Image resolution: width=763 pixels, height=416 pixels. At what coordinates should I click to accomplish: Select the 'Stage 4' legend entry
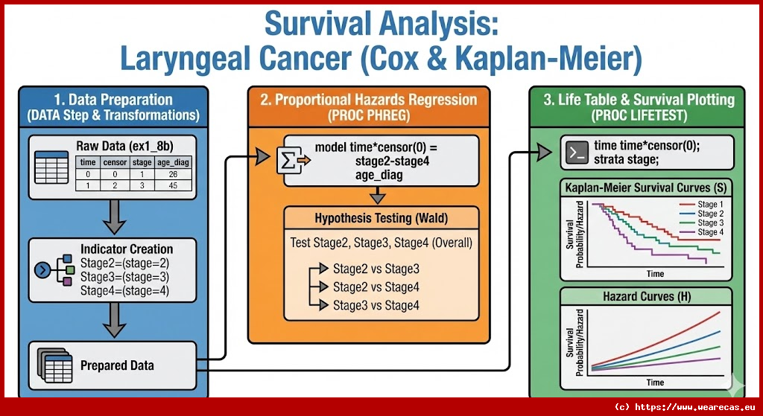[x=708, y=232]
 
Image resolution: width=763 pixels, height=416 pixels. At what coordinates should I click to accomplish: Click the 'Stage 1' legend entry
[x=708, y=204]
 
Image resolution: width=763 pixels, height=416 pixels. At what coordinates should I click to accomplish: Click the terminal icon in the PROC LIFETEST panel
[x=575, y=153]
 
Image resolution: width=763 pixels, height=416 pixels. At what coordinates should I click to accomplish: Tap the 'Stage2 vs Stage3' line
[x=376, y=268]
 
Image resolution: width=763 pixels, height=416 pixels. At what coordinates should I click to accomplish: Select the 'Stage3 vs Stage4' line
[x=376, y=305]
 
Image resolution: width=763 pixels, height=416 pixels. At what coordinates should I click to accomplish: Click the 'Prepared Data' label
[x=117, y=365]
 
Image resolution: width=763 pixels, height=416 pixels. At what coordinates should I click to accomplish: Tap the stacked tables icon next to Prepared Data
[x=53, y=364]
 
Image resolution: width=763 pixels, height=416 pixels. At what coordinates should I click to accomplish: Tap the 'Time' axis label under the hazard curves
[x=655, y=383]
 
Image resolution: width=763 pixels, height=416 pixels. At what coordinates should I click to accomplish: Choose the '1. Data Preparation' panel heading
[x=113, y=100]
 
